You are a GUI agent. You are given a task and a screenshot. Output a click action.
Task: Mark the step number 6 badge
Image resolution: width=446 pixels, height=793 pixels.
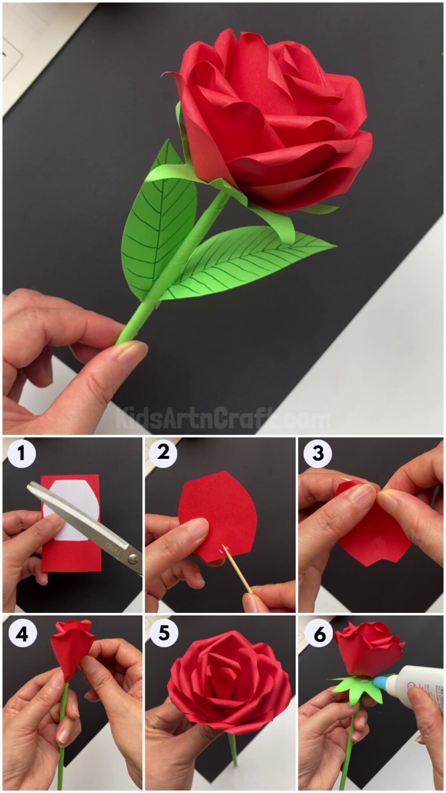click(x=319, y=634)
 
